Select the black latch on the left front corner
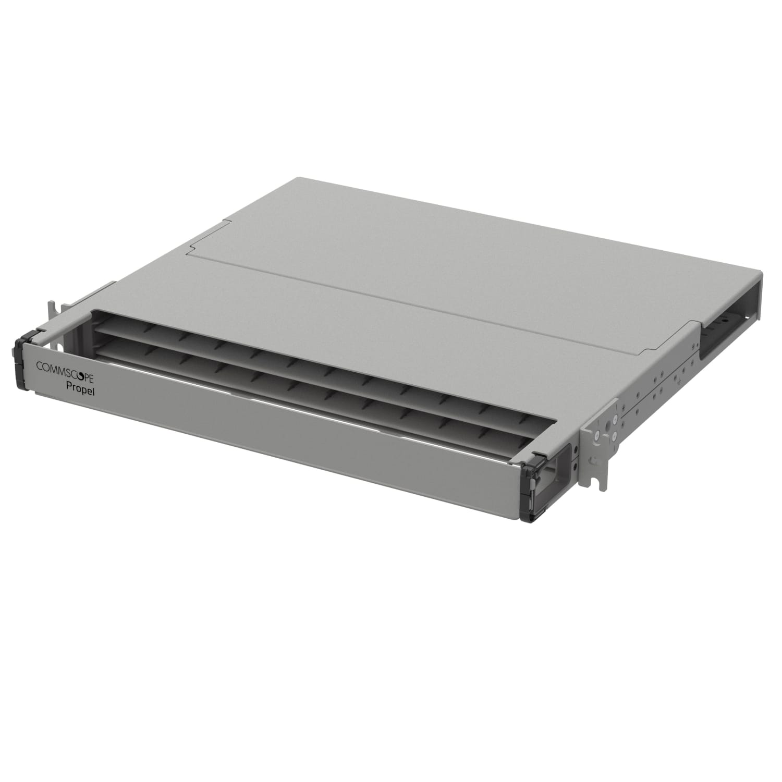click(x=24, y=360)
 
